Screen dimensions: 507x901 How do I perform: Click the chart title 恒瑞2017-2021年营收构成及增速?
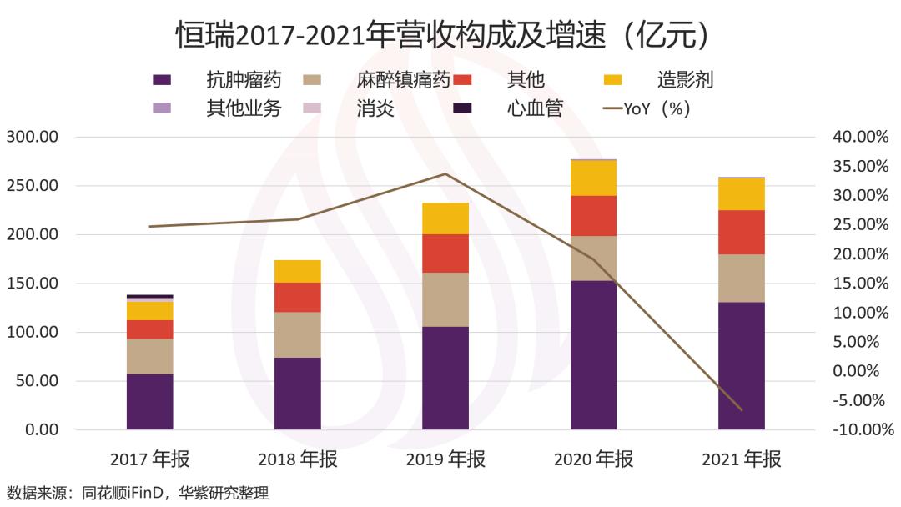point(443,36)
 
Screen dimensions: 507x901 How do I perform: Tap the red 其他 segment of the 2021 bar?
point(741,232)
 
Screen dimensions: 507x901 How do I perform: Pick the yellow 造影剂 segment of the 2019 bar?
point(445,218)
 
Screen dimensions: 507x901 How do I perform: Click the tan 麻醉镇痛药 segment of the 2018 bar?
point(298,334)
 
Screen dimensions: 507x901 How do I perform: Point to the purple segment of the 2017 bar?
point(150,401)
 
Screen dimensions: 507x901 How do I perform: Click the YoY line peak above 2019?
point(445,173)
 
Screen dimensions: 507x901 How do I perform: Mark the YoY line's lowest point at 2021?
point(741,410)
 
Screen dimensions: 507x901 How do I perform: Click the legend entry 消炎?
point(375,108)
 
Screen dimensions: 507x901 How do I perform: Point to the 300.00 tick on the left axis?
point(33,137)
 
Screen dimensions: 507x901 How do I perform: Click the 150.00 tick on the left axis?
point(33,284)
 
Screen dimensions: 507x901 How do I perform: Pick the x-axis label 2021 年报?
point(741,459)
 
